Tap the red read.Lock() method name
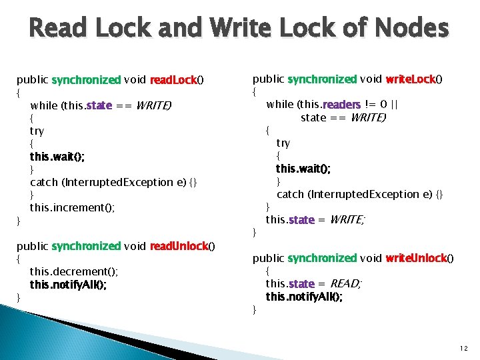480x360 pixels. [176, 80]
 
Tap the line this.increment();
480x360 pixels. [73, 207]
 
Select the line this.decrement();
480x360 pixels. [74, 271]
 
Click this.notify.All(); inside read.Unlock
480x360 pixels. [68, 284]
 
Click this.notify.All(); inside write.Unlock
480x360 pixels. [305, 297]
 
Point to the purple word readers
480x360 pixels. [341, 104]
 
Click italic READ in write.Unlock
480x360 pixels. [345, 284]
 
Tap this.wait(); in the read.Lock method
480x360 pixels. [57, 157]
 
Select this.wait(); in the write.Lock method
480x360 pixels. [303, 169]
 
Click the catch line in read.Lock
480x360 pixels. [113, 182]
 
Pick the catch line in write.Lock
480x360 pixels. [359, 194]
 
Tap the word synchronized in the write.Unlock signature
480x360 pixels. [322, 258]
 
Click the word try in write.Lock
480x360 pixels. [283, 143]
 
